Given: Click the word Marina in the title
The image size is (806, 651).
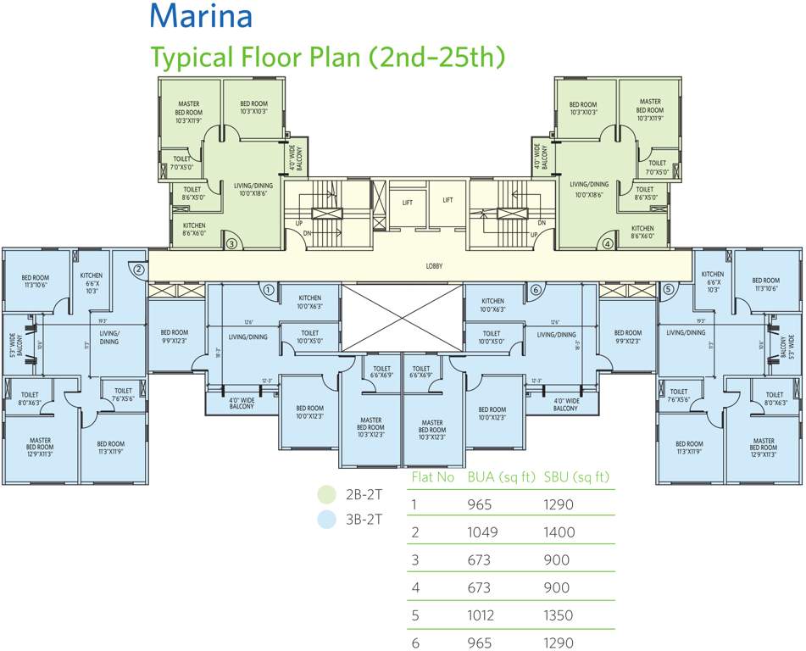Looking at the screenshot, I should tap(201, 16).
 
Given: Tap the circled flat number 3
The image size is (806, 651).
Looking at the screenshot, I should tap(231, 243).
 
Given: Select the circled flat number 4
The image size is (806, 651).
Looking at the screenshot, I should tap(607, 243).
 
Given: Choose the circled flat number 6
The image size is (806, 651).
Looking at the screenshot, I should tap(535, 289).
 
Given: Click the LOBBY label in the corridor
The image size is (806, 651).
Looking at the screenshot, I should tap(434, 266).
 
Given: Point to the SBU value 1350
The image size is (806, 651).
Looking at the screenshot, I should tap(559, 615).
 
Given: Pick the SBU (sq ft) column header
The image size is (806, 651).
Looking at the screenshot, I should tap(576, 477).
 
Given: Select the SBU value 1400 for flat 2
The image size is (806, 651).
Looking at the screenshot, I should tap(559, 532).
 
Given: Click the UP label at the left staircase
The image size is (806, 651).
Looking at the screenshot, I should tap(298, 223).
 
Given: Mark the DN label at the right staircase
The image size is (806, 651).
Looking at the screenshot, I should tap(540, 223).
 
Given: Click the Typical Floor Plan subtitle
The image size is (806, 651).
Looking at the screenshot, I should tap(328, 57).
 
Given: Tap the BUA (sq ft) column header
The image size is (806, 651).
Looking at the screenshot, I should tap(500, 477).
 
